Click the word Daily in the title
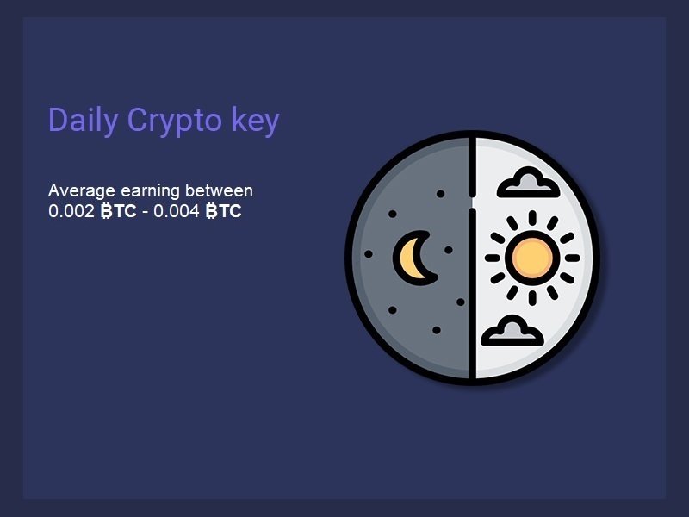click(x=83, y=120)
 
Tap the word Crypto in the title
click(x=175, y=121)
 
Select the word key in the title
click(x=255, y=120)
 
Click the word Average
click(x=81, y=190)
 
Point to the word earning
click(x=150, y=191)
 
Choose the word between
click(x=219, y=190)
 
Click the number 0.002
click(x=71, y=211)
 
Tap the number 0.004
click(x=177, y=211)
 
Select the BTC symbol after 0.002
click(x=118, y=211)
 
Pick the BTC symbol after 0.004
click(x=223, y=211)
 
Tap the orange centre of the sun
click(x=532, y=258)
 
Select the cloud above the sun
click(x=528, y=183)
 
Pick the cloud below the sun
click(x=512, y=331)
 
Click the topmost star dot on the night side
click(x=440, y=194)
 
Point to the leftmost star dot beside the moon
click(x=369, y=254)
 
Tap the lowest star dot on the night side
click(x=437, y=330)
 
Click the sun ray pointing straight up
click(x=532, y=218)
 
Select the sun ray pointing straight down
click(x=532, y=298)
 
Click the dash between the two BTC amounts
click(x=145, y=212)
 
